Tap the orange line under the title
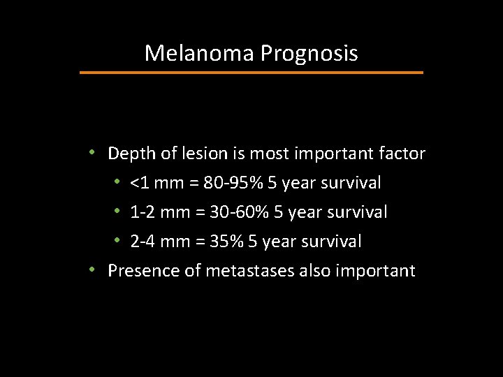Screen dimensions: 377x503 click(x=251, y=72)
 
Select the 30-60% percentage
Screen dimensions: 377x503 click(x=234, y=212)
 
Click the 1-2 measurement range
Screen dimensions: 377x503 click(x=142, y=212)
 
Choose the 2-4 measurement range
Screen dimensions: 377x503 click(x=142, y=242)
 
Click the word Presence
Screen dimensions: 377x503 click(x=143, y=270)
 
